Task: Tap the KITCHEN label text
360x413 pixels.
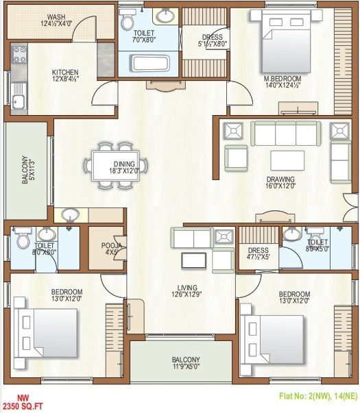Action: pos(66,72)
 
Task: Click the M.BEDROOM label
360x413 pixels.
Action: pos(283,79)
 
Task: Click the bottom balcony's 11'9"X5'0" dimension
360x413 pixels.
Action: pos(185,368)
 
